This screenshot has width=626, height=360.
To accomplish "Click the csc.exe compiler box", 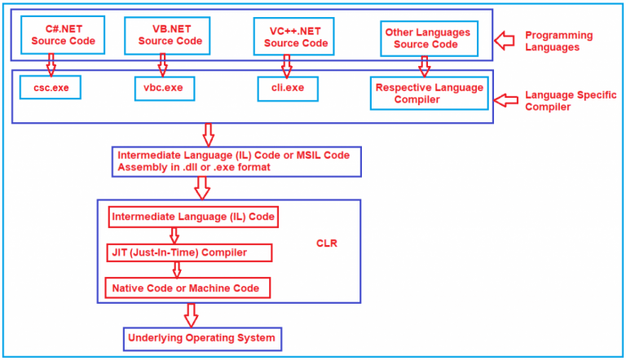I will [x=51, y=87].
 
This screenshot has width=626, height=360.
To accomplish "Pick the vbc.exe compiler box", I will [x=164, y=87].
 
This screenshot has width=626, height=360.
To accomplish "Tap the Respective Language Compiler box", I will [x=429, y=93].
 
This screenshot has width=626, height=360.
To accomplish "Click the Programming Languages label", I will [x=558, y=42].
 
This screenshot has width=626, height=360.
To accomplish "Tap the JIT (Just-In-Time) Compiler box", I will [x=189, y=253].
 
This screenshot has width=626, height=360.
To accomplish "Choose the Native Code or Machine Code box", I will [x=187, y=288].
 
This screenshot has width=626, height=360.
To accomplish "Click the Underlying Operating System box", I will [x=202, y=338].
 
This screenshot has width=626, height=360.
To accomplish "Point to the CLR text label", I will [x=327, y=243].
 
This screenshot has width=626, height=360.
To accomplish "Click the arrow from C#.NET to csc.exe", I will [x=51, y=64].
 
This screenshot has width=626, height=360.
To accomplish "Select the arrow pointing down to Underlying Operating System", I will [x=191, y=314].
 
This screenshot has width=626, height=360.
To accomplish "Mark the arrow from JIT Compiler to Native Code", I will [x=176, y=270].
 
